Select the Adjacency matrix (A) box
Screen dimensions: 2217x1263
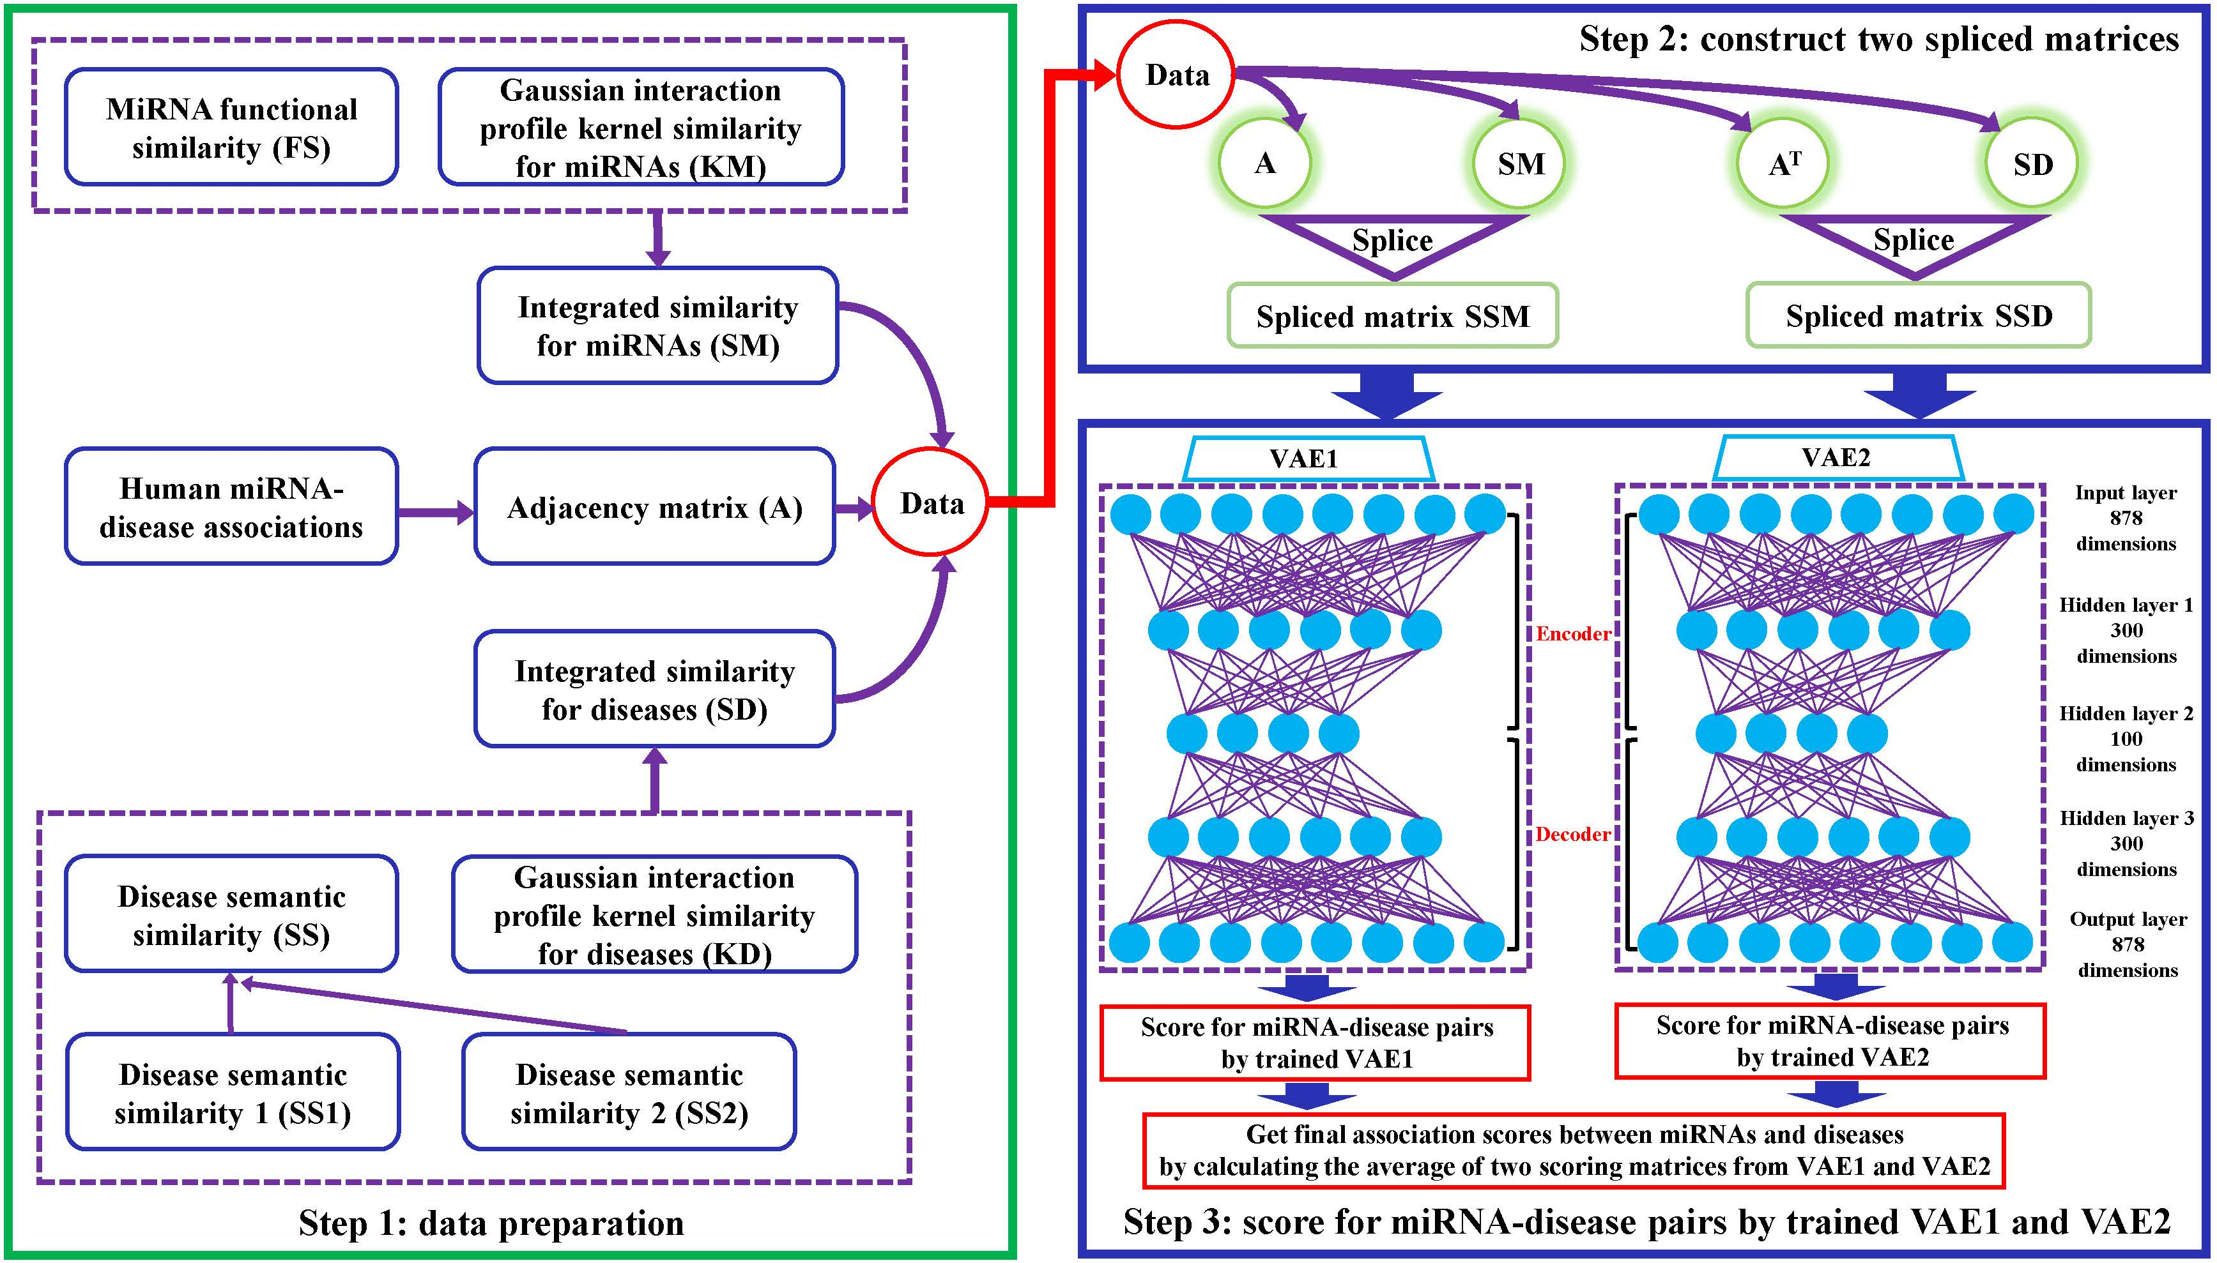(655, 506)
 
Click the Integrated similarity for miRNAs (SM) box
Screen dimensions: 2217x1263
(657, 325)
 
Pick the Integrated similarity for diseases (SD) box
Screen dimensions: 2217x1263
(655, 689)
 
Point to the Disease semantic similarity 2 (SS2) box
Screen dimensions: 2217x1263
(629, 1092)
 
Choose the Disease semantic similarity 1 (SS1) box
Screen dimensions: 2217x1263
(233, 1092)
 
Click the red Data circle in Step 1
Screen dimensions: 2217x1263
(931, 503)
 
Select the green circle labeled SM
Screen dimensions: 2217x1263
(1520, 163)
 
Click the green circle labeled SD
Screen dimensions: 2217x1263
(2032, 163)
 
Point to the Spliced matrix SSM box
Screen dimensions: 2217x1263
(1393, 315)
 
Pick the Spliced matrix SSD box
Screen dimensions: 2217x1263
(1919, 315)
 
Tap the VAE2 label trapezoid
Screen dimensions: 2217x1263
(1837, 458)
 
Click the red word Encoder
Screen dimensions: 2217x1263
(1573, 634)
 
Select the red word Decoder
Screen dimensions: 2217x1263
(1573, 835)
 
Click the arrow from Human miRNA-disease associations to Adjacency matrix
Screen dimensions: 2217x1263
(436, 513)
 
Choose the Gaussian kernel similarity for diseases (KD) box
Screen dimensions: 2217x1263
(654, 914)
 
